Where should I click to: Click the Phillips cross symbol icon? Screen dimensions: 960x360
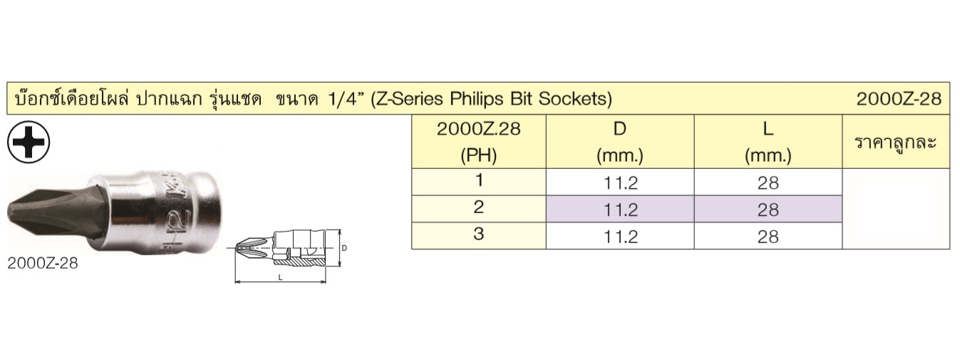pos(29,142)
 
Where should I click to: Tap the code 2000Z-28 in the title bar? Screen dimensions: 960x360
pos(899,99)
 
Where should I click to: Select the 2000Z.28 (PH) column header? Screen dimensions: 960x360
pos(479,142)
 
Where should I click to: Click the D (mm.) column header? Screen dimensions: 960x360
pos(620,142)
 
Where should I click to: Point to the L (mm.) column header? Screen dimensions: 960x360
pos(768,142)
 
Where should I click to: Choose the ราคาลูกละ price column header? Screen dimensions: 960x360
pos(896,143)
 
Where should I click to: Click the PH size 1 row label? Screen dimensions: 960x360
pos(479,180)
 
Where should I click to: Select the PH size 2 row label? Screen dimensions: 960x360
pos(479,207)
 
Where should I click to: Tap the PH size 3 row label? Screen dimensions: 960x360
pos(479,234)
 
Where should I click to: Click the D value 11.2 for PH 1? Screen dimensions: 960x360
pos(621,183)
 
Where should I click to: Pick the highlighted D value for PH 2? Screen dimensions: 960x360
pos(621,210)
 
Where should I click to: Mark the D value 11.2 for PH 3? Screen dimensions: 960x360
pos(621,237)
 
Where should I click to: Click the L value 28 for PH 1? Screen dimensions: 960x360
pos(768,183)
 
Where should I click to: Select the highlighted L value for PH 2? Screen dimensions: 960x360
pos(768,210)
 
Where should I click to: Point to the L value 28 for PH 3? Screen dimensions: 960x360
pos(768,237)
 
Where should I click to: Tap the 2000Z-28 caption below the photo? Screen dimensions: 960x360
pos(43,263)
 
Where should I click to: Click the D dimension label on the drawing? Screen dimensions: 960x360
pos(344,248)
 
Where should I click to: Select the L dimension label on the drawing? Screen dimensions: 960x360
pos(280,278)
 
